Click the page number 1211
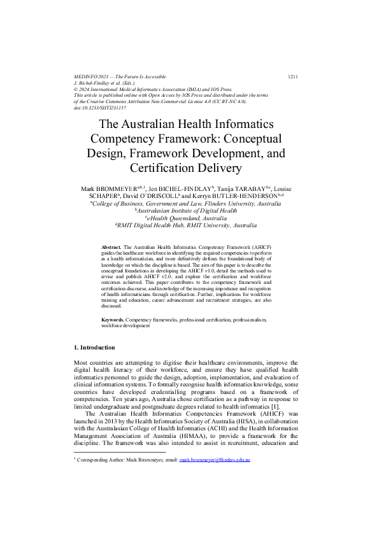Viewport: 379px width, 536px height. (293, 76)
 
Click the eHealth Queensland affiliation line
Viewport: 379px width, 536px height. (190, 218)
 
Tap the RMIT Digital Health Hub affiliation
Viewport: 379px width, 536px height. (190, 225)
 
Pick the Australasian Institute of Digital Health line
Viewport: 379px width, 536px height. (190, 211)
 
